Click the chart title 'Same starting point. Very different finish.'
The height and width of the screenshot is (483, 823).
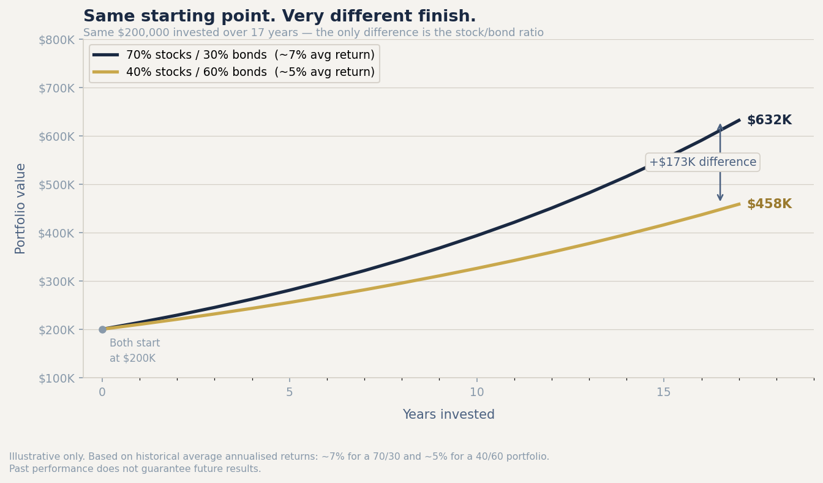[279, 17]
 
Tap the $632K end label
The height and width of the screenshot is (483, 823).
[769, 121]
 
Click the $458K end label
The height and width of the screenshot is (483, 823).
[769, 204]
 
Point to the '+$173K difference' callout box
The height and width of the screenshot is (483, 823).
[702, 162]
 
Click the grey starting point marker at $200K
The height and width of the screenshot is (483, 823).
[102, 329]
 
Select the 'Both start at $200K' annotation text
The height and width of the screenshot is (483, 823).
[134, 351]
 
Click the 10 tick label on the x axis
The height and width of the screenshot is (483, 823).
[476, 392]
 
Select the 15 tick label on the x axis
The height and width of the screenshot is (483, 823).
[664, 392]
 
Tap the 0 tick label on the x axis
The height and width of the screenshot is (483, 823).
[102, 392]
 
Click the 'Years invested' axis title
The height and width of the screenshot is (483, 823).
[448, 415]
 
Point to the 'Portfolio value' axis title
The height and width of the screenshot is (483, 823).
[21, 208]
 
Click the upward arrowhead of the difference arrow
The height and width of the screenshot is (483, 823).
[720, 127]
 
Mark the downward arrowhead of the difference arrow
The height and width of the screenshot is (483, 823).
[720, 197]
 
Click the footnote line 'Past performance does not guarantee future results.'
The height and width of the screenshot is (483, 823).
[135, 469]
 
